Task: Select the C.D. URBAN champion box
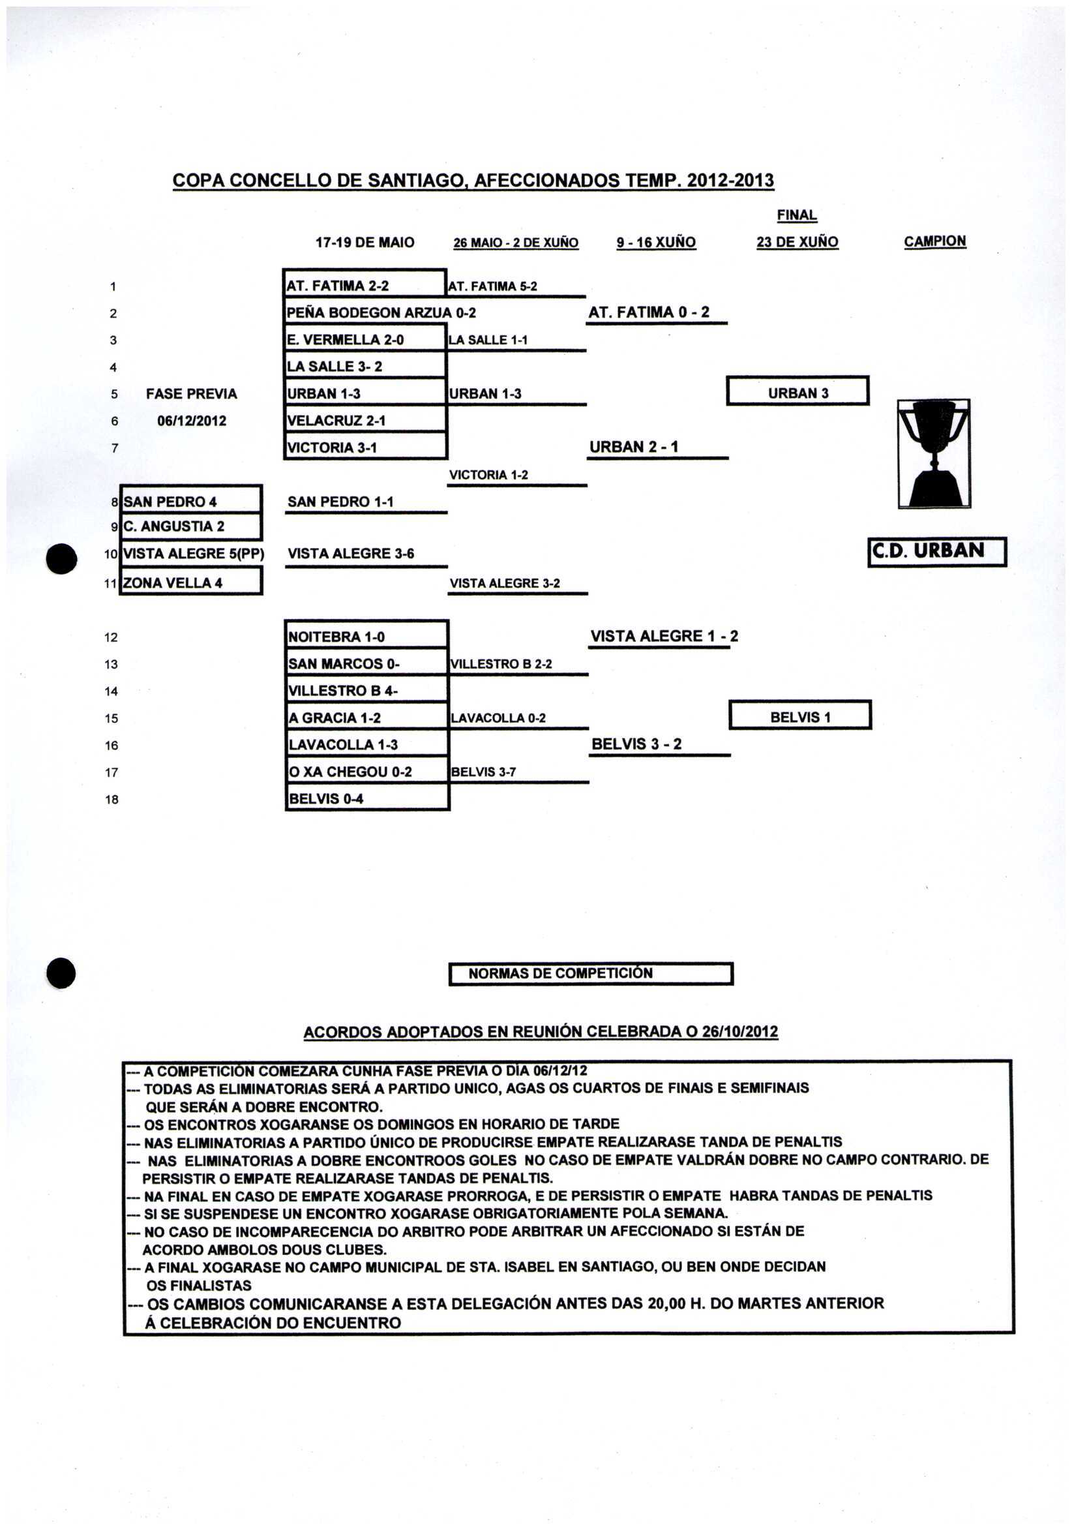pos(936,551)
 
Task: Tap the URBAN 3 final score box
pos(797,391)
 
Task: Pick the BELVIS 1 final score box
pos(799,716)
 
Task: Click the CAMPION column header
pos(934,241)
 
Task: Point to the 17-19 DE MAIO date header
pos(365,242)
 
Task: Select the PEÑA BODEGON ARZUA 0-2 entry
pos(380,312)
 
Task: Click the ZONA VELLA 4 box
pos(191,582)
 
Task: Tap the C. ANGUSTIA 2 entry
pos(191,526)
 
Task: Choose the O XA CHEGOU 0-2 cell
pos(367,771)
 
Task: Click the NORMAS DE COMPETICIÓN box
pos(591,973)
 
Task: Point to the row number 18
pos(112,799)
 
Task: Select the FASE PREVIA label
pos(191,393)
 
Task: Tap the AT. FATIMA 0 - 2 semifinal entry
pos(649,312)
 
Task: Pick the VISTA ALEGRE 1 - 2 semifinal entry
pos(664,636)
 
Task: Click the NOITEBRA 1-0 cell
pos(367,636)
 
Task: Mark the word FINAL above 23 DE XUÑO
pos(796,215)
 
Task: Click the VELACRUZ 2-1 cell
pos(365,420)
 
